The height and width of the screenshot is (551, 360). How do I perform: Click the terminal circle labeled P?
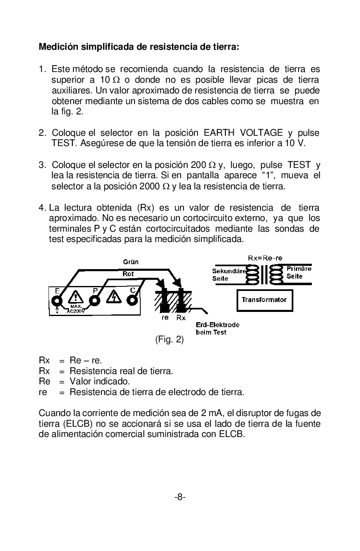(95, 300)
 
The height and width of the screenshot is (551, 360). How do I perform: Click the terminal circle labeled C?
(132, 300)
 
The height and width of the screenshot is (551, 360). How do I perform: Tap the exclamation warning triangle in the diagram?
(75, 297)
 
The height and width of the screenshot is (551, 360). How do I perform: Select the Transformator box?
(264, 300)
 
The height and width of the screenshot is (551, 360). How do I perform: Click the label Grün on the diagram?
(131, 262)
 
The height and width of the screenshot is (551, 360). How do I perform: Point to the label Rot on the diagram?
(128, 274)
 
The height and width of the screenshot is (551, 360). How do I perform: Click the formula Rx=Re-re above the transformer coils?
(265, 258)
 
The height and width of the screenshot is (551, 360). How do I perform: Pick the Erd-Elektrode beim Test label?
(217, 328)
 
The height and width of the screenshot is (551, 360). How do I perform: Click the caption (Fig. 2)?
(169, 340)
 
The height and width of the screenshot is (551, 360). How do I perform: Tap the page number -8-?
(180, 497)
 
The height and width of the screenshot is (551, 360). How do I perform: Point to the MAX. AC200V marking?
(76, 309)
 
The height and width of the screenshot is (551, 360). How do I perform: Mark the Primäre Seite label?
(299, 272)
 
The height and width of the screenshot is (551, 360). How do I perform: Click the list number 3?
(42, 165)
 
